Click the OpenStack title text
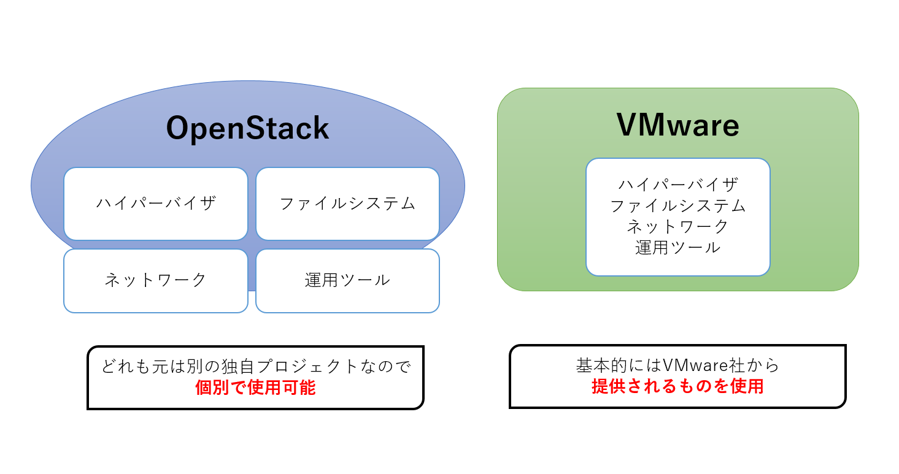click(248, 129)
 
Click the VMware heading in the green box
click(677, 125)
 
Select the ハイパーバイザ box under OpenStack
click(156, 204)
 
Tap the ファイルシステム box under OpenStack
click(347, 204)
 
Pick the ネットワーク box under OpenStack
click(156, 280)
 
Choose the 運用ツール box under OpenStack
click(347, 280)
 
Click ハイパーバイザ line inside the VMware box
click(677, 184)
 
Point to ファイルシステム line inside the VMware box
click(677, 205)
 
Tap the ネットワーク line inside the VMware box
click(677, 226)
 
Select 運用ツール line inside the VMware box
click(677, 248)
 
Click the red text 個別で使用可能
click(255, 388)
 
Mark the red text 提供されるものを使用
click(677, 386)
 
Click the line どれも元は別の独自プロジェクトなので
click(255, 367)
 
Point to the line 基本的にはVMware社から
click(677, 365)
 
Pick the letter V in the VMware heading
click(628, 125)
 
